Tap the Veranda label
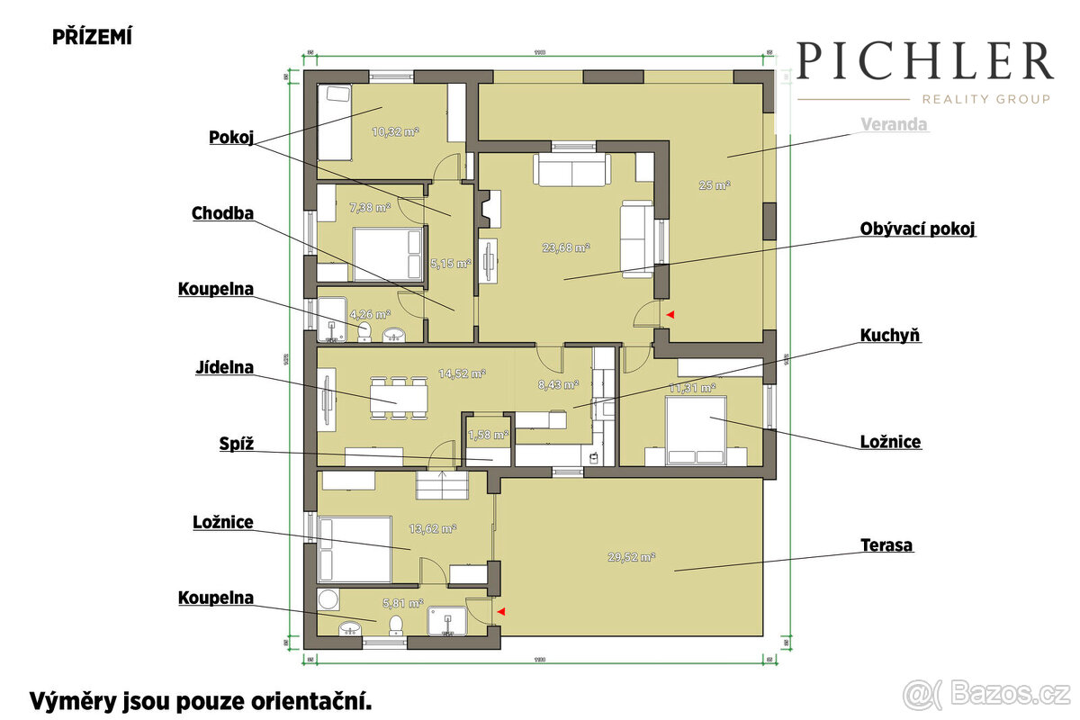click(x=894, y=125)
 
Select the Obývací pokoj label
click(x=918, y=229)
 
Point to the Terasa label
click(x=886, y=545)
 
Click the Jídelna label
click(x=223, y=367)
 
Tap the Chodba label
click(x=222, y=213)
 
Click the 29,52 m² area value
click(x=631, y=557)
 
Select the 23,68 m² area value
click(x=565, y=247)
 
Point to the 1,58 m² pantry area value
click(x=488, y=435)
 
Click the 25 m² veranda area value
click(x=715, y=185)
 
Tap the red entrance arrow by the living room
click(x=669, y=314)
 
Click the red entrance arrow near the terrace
click(x=501, y=612)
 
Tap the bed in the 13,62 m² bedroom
click(x=354, y=548)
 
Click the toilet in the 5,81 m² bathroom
click(x=393, y=623)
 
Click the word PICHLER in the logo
click(x=925, y=62)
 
